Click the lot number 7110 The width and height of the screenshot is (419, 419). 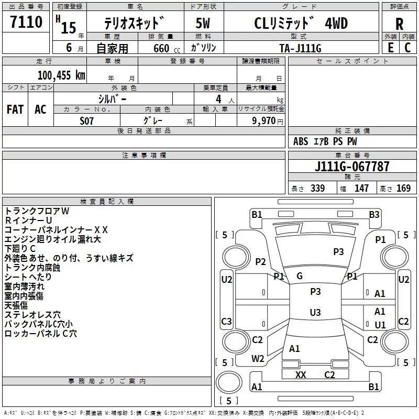[26, 22]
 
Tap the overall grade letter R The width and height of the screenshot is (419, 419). [399, 24]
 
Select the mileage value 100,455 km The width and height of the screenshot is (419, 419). [61, 75]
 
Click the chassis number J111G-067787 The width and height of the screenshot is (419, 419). [352, 166]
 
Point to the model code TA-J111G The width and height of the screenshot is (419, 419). [300, 48]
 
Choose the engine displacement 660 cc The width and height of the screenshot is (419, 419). [167, 48]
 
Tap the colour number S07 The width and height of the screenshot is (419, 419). [86, 121]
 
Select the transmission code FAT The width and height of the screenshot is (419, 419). [15, 109]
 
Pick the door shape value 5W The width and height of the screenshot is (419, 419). [203, 23]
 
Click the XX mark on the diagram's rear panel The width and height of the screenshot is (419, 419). [301, 374]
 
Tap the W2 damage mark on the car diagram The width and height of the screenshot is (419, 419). [258, 359]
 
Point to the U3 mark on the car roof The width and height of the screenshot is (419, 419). [315, 312]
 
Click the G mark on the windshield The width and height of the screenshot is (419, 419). [300, 276]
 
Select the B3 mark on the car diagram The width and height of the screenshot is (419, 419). [374, 215]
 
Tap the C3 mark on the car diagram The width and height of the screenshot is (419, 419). [226, 321]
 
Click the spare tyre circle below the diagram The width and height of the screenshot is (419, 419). [229, 382]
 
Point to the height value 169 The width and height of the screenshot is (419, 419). [403, 188]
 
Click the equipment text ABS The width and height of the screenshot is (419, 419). [301, 141]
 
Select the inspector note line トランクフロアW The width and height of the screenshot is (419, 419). [37, 211]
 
